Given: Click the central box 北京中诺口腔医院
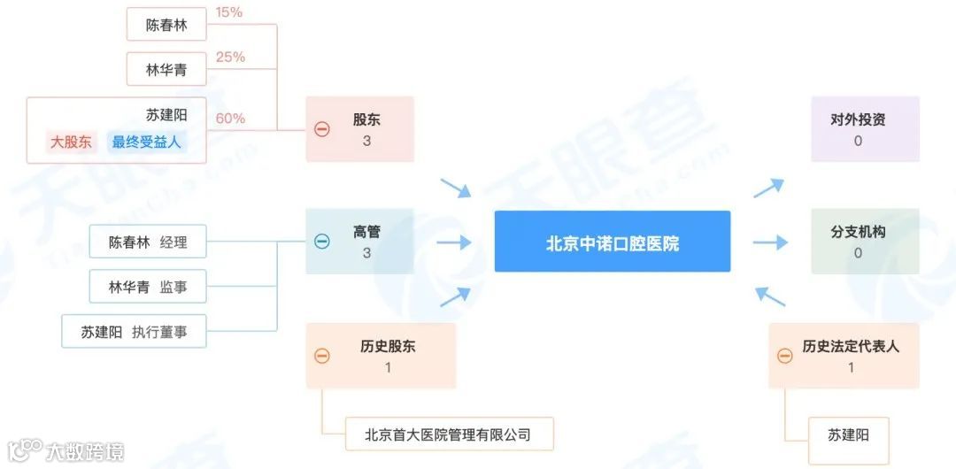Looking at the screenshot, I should (612, 242).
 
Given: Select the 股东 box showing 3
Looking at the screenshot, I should (360, 129).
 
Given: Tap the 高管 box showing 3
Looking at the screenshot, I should (360, 242).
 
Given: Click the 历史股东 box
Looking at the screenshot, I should (382, 356).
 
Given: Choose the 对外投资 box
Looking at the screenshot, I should (865, 129).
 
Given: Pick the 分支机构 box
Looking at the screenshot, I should (865, 242).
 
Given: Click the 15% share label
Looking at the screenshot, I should (228, 13).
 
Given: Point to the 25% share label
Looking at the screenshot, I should (230, 58).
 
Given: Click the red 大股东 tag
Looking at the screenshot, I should (71, 142).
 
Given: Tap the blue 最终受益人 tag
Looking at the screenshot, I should (147, 142).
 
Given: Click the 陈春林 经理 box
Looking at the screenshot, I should (147, 242).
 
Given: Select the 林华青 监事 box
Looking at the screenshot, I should (147, 287).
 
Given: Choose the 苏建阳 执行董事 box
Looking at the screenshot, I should (134, 332).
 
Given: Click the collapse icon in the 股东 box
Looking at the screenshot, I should (322, 129).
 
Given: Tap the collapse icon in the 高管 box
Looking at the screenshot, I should (322, 242).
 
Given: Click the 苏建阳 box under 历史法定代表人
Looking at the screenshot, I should (848, 434).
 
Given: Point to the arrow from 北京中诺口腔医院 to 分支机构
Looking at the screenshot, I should (769, 242).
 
